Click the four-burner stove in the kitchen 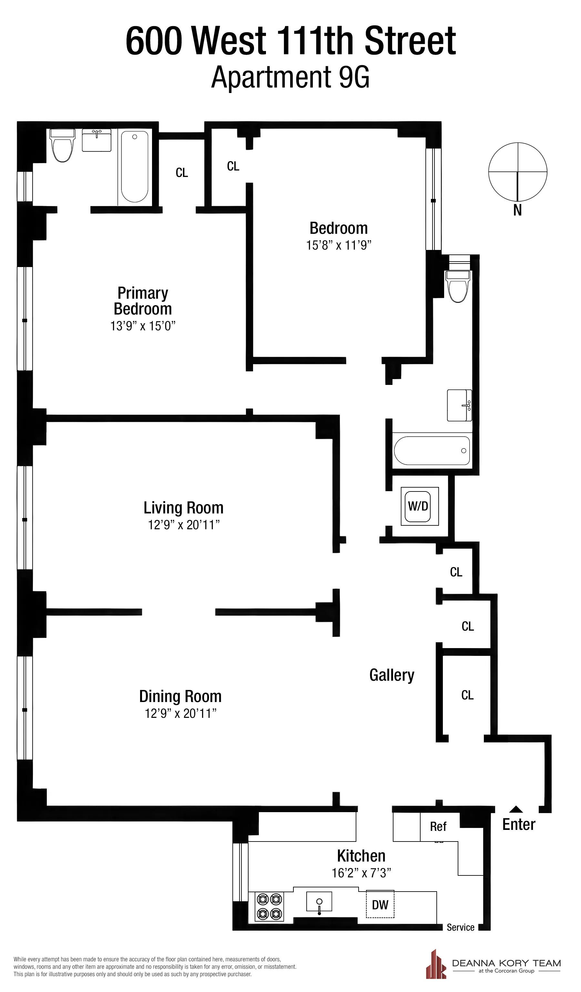(x=270, y=906)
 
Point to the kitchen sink (x=319, y=902)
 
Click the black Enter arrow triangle (x=516, y=809)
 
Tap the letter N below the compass (x=517, y=211)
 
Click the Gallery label (x=392, y=675)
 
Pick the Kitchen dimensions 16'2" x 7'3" (x=361, y=873)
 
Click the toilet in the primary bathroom (x=63, y=145)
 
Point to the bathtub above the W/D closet (x=432, y=450)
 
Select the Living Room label (x=183, y=508)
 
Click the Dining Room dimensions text (x=180, y=713)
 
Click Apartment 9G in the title (x=290, y=77)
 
